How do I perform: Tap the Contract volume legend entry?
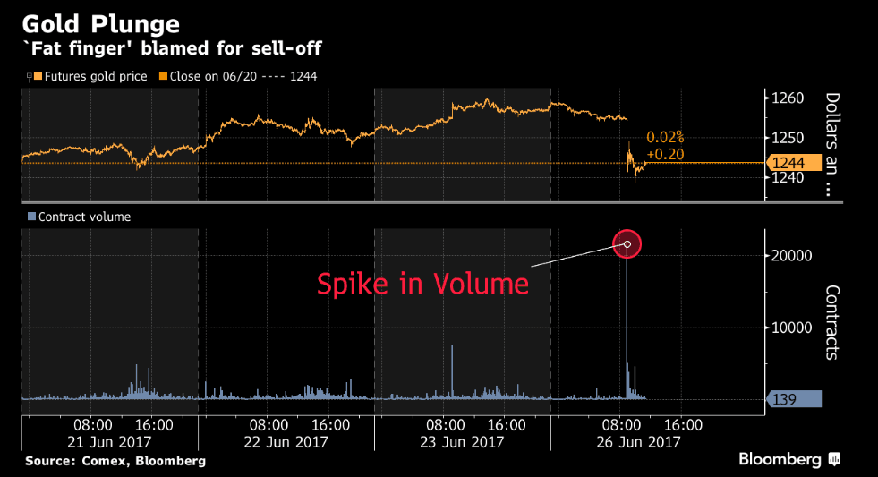(80, 217)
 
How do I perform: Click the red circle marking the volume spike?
(627, 243)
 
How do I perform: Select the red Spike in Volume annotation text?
(422, 285)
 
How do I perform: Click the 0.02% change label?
(665, 137)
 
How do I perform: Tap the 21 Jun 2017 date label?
(109, 441)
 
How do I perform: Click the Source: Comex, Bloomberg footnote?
(115, 461)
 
